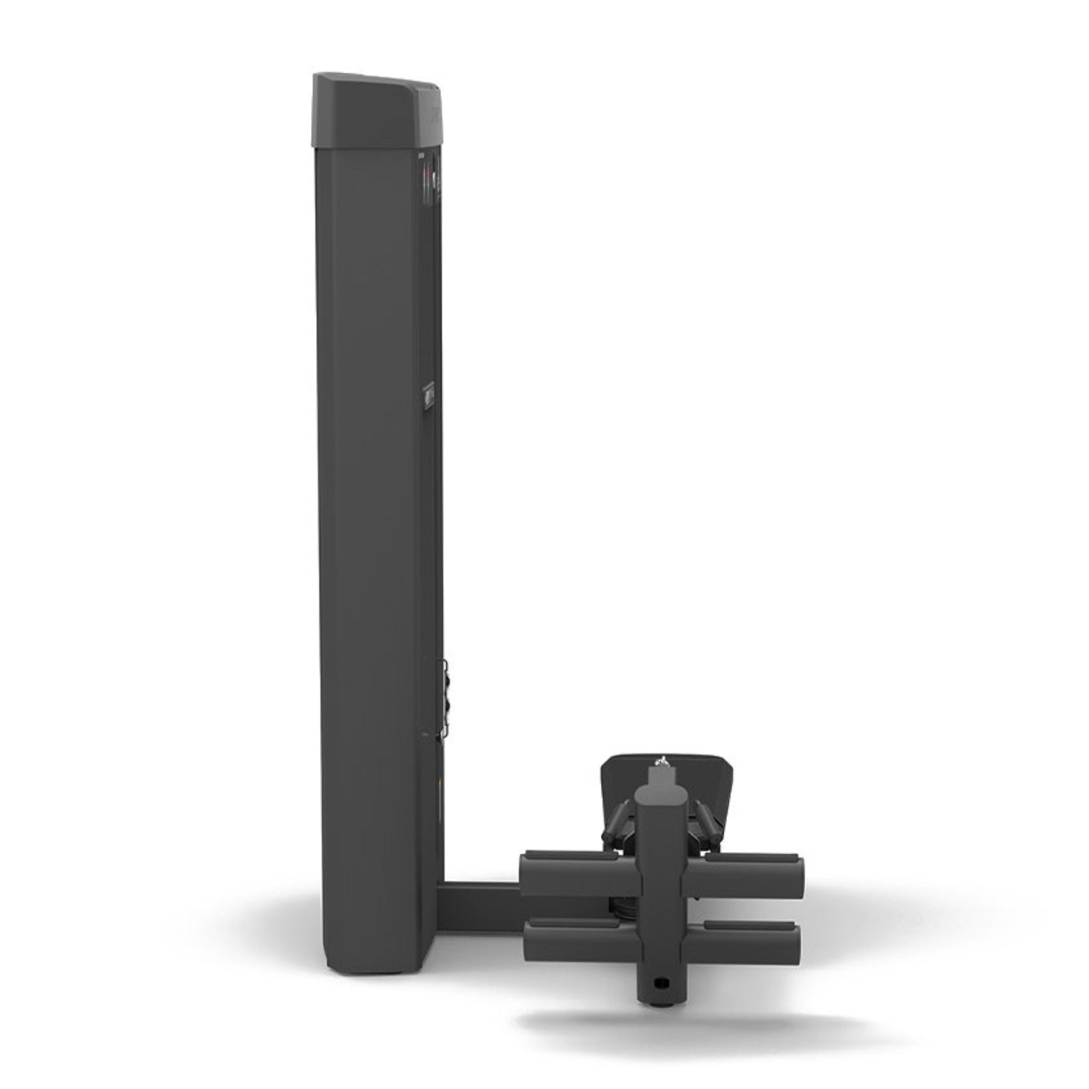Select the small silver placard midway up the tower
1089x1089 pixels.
click(429, 395)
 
